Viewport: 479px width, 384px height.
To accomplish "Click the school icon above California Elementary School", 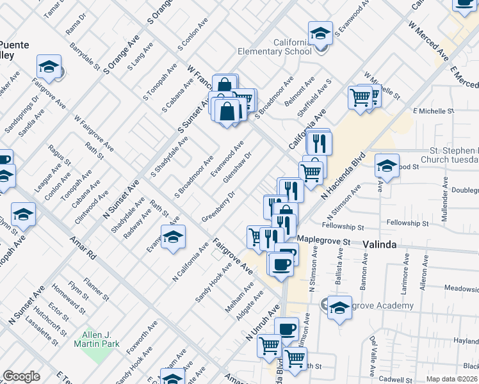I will click(320, 33).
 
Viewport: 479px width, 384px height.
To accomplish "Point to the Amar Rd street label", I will click(83, 246).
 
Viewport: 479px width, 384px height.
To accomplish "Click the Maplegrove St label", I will click(325, 242).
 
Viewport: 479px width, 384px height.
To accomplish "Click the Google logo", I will click(21, 376).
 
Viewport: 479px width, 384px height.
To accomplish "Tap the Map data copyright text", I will click(451, 379).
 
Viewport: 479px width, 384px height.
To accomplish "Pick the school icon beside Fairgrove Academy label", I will click(339, 307).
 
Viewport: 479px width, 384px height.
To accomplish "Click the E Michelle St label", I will click(434, 111).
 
